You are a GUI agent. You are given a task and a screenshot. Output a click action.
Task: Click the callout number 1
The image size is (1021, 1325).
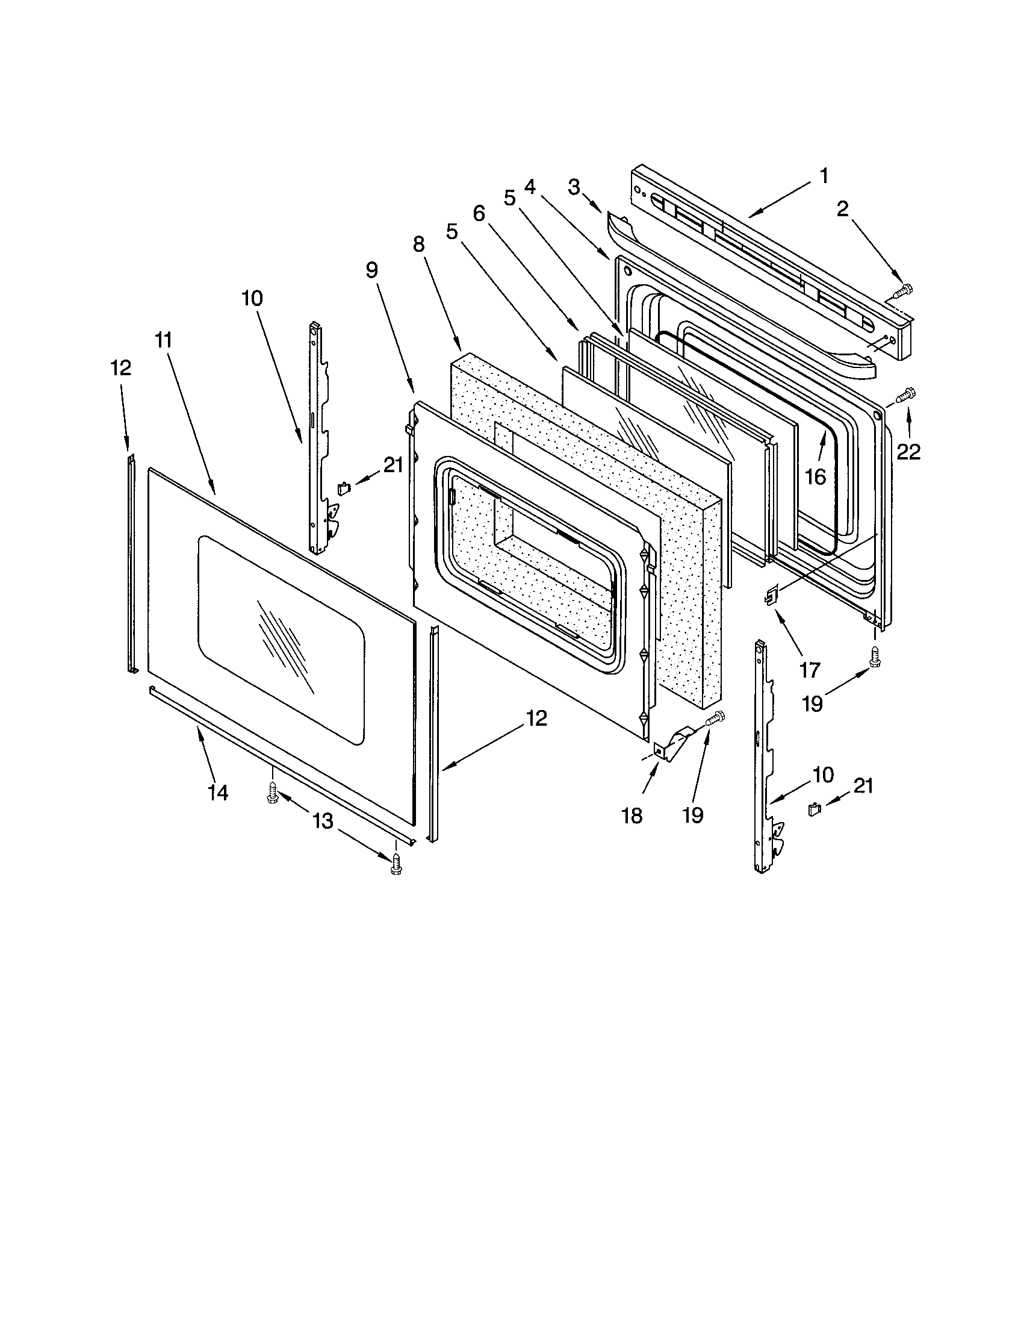(x=824, y=176)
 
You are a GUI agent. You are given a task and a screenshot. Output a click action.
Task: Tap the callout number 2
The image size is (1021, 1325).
(x=842, y=210)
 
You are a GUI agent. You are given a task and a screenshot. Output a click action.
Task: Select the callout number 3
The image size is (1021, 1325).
(x=574, y=187)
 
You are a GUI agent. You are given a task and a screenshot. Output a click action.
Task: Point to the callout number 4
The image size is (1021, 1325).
(x=530, y=187)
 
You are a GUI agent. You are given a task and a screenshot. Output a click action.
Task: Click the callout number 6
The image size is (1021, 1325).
(x=479, y=214)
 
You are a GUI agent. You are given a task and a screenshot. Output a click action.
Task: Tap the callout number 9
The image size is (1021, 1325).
(x=371, y=270)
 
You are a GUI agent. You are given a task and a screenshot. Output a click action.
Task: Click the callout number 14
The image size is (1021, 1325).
(x=219, y=793)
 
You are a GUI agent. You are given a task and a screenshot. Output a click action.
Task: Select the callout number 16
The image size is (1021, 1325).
(x=816, y=478)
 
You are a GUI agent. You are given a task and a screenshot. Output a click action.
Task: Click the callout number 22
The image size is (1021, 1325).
(x=909, y=451)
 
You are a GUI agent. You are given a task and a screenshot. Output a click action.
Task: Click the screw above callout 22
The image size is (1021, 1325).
(x=907, y=395)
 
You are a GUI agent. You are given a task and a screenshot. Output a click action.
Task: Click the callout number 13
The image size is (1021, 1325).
(x=323, y=821)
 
